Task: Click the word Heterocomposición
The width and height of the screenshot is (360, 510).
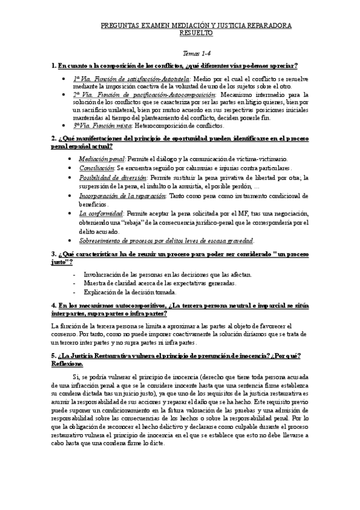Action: [171, 125]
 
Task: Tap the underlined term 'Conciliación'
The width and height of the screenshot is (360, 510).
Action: [96, 168]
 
